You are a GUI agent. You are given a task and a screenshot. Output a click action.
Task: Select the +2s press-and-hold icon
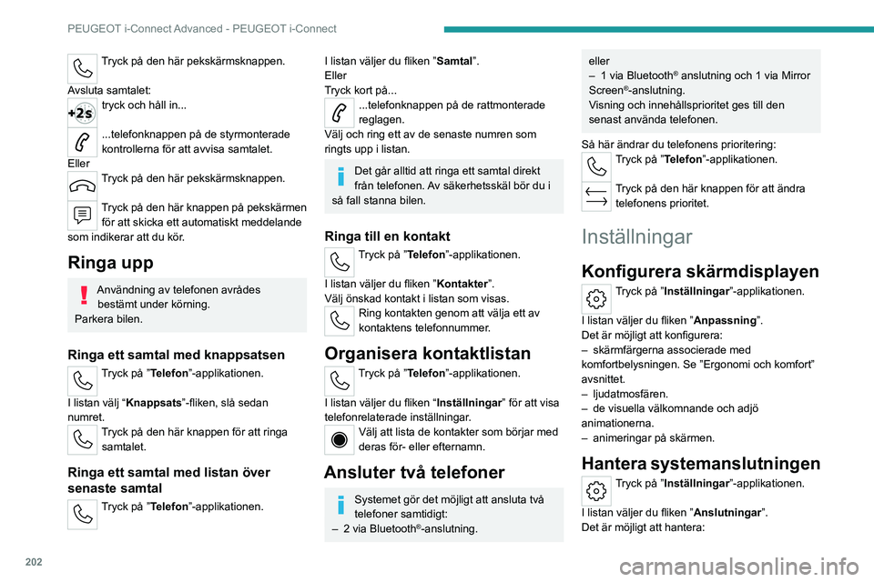click(82, 114)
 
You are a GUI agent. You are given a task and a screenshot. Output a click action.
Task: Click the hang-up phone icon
click(82, 183)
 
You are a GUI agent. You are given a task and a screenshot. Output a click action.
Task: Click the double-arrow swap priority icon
click(595, 194)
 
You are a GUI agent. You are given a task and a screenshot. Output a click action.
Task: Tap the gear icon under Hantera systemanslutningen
click(595, 489)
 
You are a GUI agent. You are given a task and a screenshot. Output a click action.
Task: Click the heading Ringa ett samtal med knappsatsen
click(177, 355)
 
